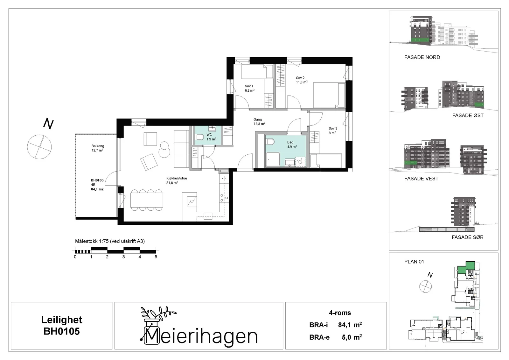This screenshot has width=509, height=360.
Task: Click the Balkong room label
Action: pyautogui.click(x=98, y=146)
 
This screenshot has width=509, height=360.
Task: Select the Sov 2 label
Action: pyautogui.click(x=300, y=78)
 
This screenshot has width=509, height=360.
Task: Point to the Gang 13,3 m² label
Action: pyautogui.click(x=259, y=122)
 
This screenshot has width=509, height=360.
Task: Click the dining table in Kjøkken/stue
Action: pyautogui.click(x=147, y=200)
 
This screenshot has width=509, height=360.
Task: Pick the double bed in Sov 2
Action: pyautogui.click(x=329, y=95)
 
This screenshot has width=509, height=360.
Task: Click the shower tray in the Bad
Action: pyautogui.click(x=273, y=159)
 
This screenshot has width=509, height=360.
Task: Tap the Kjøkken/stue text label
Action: pyautogui.click(x=177, y=178)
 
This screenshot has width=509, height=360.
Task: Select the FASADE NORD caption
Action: pyautogui.click(x=422, y=57)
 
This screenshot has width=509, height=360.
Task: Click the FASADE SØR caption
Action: pyautogui.click(x=467, y=237)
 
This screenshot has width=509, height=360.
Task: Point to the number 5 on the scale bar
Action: pyautogui.click(x=156, y=257)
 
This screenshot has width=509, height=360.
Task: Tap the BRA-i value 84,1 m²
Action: pyautogui.click(x=350, y=325)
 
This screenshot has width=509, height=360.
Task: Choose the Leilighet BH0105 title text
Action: pyautogui.click(x=62, y=326)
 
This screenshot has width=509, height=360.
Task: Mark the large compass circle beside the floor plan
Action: pyautogui.click(x=39, y=147)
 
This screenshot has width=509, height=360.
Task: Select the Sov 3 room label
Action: pyautogui.click(x=333, y=128)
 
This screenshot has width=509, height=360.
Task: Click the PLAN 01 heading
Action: pyautogui.click(x=414, y=262)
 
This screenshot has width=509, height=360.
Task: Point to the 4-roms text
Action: pyautogui.click(x=340, y=313)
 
